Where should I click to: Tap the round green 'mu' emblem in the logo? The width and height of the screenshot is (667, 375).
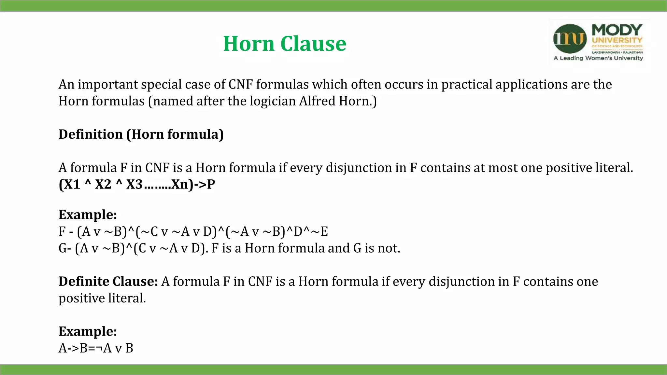[x=570, y=39]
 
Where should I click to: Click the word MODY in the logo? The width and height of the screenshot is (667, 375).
[x=617, y=30]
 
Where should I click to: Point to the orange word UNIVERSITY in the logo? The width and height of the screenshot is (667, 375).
[x=617, y=40]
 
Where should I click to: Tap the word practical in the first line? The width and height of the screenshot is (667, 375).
[x=466, y=84]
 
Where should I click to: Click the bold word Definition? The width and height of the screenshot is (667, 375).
[x=91, y=134]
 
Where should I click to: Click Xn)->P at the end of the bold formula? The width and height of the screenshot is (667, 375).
[x=193, y=184]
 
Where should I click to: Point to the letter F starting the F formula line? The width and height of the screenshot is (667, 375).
[x=62, y=231]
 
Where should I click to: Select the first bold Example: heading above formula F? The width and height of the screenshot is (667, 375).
[x=88, y=215]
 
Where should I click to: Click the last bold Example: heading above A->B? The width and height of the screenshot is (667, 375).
[x=88, y=331]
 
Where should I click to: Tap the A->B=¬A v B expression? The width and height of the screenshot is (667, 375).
[x=96, y=348]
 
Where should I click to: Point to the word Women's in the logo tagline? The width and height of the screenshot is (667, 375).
[x=598, y=58]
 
